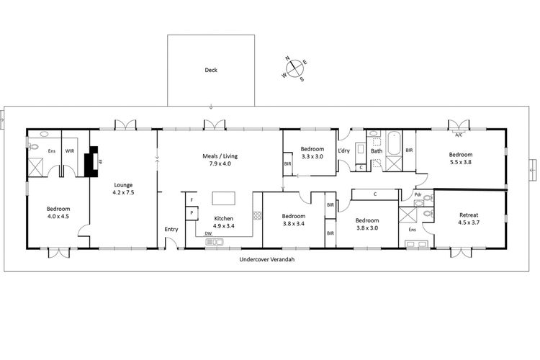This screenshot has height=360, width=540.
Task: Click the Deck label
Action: coord(211,70)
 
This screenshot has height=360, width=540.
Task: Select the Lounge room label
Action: coord(123,184)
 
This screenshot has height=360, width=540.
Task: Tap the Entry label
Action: coord(171,229)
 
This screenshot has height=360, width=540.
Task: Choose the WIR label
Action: coord(70,151)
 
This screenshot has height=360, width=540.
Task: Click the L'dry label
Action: coord(343,150)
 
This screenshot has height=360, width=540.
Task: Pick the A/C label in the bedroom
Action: coord(458,135)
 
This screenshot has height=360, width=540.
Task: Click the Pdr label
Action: coord(418,195)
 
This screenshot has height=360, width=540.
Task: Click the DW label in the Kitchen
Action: coord(207,233)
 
